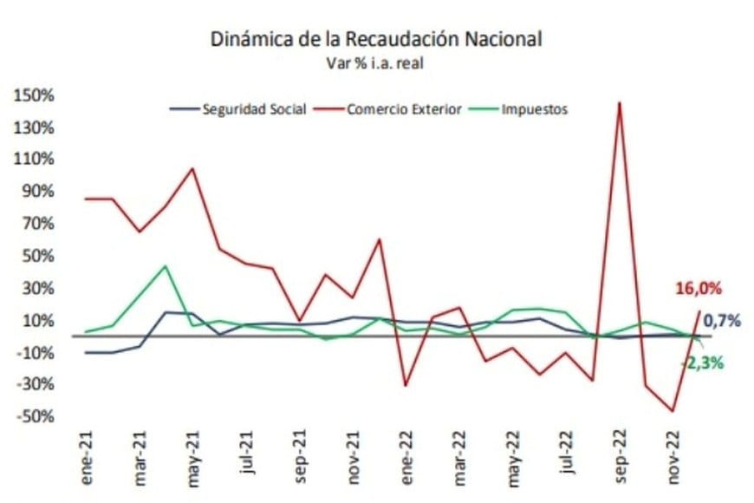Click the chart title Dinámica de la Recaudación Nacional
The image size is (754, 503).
[376, 39]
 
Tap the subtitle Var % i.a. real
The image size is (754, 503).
[376, 62]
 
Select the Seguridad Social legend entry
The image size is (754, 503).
[254, 110]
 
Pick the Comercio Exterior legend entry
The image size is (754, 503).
[403, 110]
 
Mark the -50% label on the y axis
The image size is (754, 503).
[36, 417]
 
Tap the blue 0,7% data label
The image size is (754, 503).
[721, 321]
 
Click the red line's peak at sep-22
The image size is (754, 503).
[619, 102]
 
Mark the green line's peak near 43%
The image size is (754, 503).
[166, 266]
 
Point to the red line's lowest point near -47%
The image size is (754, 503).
[673, 411]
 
